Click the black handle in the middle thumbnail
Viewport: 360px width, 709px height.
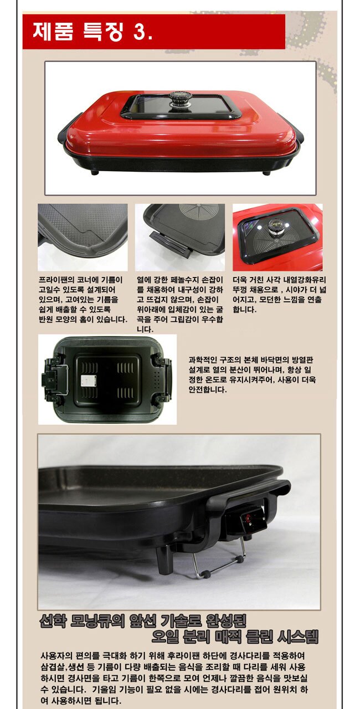[x=171, y=244]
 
